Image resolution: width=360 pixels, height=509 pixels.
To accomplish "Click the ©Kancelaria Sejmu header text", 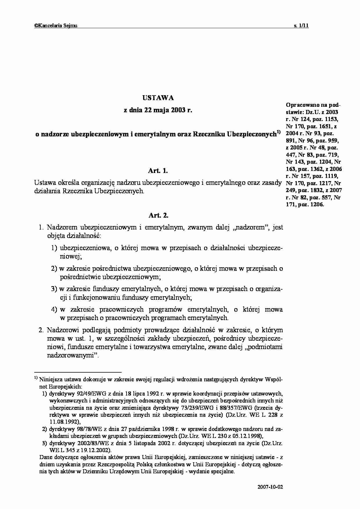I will click(56, 26).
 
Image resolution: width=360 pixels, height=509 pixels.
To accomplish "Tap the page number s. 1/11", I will click(301, 26).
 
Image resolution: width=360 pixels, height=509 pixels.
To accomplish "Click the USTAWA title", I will click(158, 98).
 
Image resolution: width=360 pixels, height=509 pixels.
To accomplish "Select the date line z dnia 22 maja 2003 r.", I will click(158, 111).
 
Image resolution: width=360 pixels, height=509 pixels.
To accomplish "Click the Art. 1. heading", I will click(158, 171).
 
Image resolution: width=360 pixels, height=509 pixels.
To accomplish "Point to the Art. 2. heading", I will click(159, 215).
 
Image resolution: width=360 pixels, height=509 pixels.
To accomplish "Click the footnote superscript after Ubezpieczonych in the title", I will click(278, 132).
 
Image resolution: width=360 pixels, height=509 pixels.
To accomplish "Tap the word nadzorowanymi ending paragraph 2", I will click(71, 355).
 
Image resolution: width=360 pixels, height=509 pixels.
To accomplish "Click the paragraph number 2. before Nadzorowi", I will click(41, 330).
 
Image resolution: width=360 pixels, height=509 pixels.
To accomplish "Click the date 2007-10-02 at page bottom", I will click(270, 487).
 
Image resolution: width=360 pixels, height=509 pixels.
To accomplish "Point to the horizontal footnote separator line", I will click(78, 372).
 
